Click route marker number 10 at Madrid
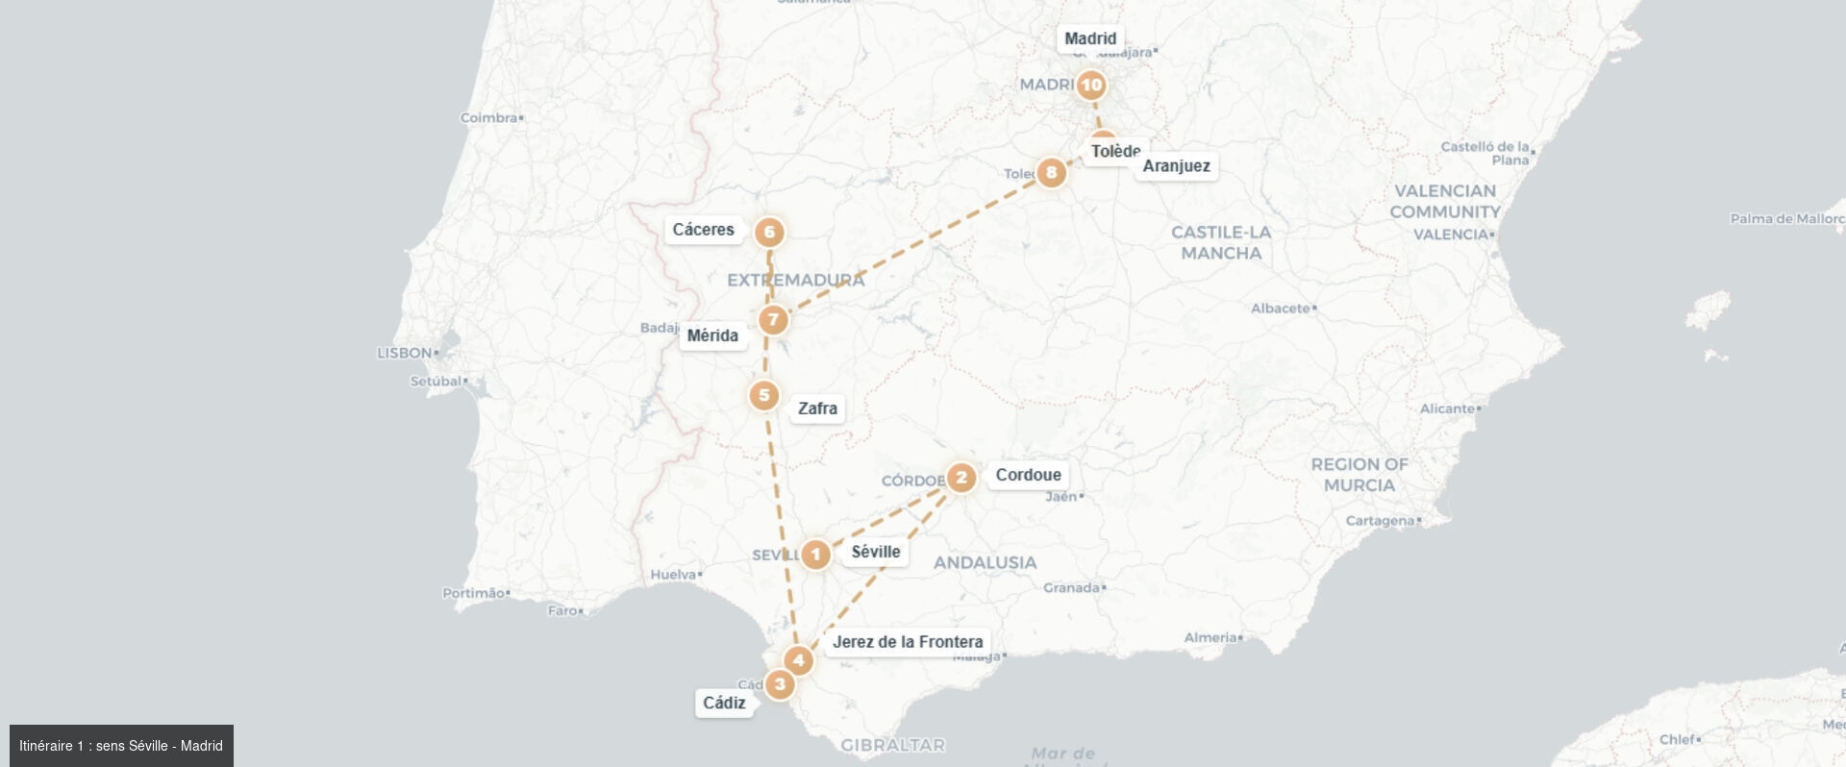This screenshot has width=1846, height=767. pyautogui.click(x=1090, y=86)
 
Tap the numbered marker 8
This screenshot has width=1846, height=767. pyautogui.click(x=1051, y=173)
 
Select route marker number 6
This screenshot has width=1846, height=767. pyautogui.click(x=769, y=232)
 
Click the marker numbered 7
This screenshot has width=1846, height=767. pyautogui.click(x=773, y=320)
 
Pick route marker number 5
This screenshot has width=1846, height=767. pyautogui.click(x=764, y=395)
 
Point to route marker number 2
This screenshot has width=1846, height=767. pyautogui.click(x=960, y=478)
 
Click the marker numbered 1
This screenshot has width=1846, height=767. pyautogui.click(x=815, y=555)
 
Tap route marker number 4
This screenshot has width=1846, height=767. pyautogui.click(x=798, y=660)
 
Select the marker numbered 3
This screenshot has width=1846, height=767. pyautogui.click(x=780, y=685)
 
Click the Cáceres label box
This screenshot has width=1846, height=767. pyautogui.click(x=703, y=230)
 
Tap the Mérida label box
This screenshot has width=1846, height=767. pyautogui.click(x=712, y=335)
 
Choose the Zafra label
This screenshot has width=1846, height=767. pyautogui.click(x=817, y=408)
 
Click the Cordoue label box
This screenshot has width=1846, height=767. pyautogui.click(x=1028, y=475)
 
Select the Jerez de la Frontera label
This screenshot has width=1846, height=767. pyautogui.click(x=908, y=642)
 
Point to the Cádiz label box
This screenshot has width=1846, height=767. pyautogui.click(x=724, y=703)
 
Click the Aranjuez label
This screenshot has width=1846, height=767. pyautogui.click(x=1176, y=166)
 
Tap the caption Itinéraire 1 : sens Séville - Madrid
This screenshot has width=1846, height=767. pyautogui.click(x=121, y=746)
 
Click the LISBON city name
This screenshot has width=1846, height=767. pyautogui.click(x=405, y=353)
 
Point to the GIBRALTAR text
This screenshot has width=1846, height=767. pyautogui.click(x=892, y=745)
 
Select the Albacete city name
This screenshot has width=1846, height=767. pyautogui.click(x=1281, y=309)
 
